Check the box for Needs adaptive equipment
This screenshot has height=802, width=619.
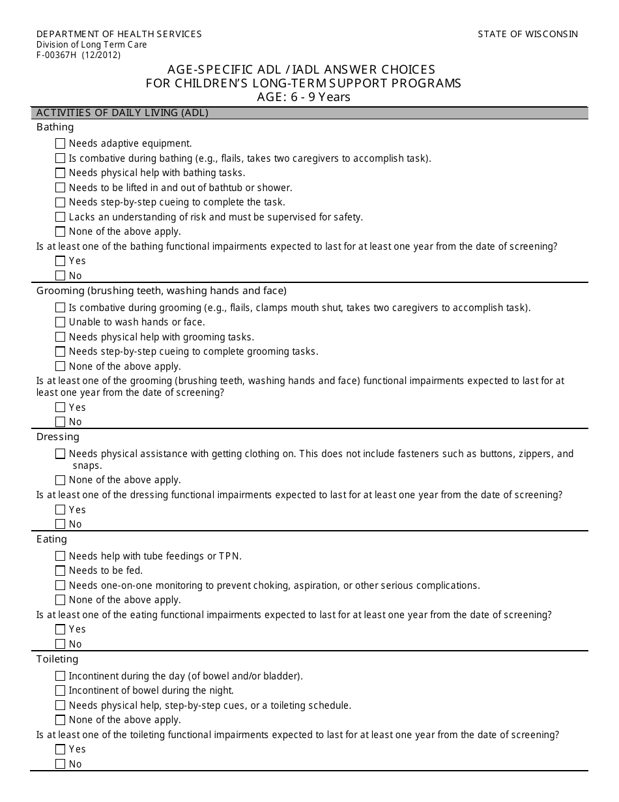coord(61,143)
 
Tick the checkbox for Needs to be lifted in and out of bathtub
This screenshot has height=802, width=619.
coord(61,188)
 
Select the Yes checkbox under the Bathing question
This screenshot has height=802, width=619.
coord(61,261)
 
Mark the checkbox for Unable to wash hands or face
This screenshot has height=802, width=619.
coord(61,322)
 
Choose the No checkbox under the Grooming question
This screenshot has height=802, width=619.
coord(61,422)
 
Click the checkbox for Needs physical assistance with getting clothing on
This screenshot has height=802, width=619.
coord(61,454)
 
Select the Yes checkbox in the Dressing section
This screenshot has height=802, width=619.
coord(61,510)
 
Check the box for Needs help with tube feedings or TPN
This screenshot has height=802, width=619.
coord(61,556)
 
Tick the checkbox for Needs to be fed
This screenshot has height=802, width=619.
coord(61,571)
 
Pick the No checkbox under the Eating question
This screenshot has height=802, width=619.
coord(61,644)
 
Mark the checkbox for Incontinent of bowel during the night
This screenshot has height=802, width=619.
coord(61,691)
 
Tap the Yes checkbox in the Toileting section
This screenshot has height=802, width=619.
coord(61,749)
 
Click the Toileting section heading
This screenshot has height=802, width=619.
coord(57,659)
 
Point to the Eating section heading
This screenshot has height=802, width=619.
coord(51,539)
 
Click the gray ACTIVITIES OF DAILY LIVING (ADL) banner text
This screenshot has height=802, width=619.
coord(122,113)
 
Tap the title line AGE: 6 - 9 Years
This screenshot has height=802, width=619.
coord(304,97)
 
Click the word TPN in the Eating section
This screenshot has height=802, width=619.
coord(231,556)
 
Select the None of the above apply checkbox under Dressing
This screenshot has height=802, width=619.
coord(61,481)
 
